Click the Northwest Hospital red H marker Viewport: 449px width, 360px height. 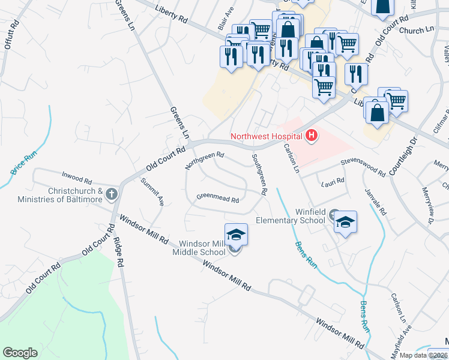tap(311, 136)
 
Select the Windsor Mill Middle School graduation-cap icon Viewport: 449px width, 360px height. tap(236, 234)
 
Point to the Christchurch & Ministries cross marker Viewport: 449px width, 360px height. tap(111, 194)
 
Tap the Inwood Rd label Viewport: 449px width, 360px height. tap(76, 178)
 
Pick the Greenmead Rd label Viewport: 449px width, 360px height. tap(218, 197)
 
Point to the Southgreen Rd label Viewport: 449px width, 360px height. tap(259, 174)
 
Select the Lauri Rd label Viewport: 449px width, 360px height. tap(333, 180)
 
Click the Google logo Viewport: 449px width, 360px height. tap(20, 353)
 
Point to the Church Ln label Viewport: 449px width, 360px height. tap(416, 29)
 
